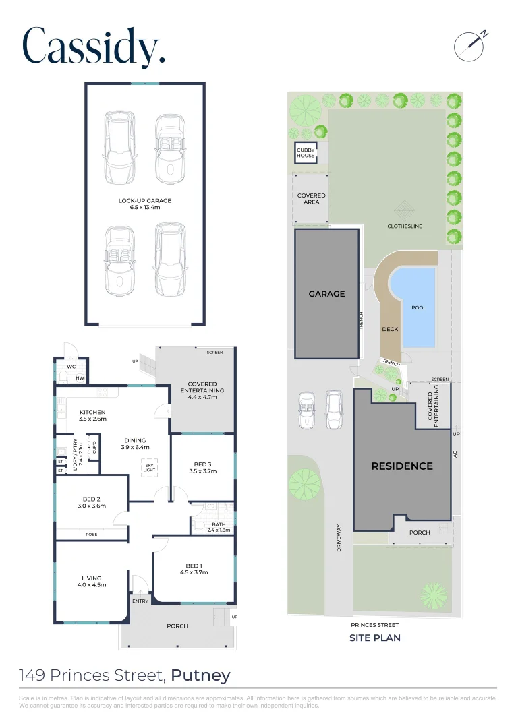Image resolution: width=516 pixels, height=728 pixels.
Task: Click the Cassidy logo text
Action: [94, 47]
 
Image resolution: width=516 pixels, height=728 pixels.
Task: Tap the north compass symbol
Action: [469, 44]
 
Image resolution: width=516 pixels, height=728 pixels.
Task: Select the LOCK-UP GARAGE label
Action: [145, 201]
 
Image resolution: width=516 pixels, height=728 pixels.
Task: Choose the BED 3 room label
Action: [202, 464]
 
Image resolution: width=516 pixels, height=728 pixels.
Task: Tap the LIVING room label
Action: [92, 578]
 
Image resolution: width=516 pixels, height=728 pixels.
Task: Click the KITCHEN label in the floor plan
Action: [92, 412]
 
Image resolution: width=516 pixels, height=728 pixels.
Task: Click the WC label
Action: [71, 367]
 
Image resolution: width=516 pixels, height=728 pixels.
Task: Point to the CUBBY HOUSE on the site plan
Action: [306, 153]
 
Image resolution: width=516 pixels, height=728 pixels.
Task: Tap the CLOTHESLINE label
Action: [404, 226]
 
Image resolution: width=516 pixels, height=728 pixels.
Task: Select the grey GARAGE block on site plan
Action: [326, 293]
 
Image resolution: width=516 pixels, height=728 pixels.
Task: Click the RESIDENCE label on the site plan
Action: [402, 466]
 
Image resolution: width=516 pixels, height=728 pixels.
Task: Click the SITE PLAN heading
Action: [374, 638]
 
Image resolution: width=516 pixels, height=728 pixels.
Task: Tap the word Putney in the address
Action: [200, 675]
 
